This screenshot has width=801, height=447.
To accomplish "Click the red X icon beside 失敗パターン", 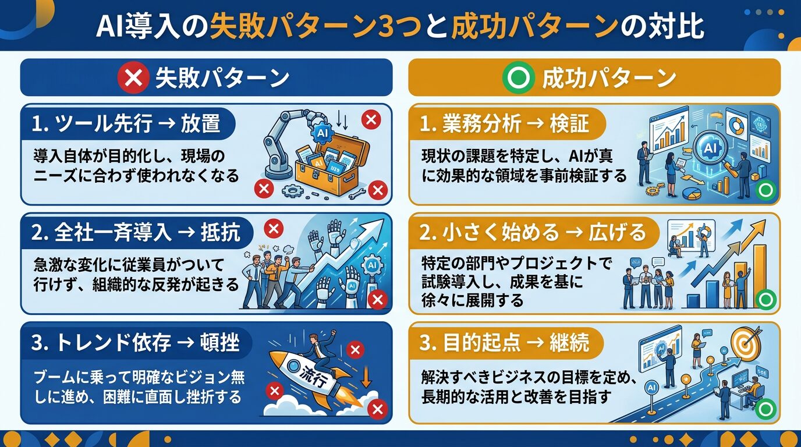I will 133,78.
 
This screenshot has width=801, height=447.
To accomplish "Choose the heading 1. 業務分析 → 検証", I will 504,123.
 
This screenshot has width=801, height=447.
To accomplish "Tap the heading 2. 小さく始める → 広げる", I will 532,233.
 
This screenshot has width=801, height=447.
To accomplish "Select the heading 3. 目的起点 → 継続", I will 504,342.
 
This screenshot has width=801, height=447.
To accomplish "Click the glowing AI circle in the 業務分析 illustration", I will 710,149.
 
